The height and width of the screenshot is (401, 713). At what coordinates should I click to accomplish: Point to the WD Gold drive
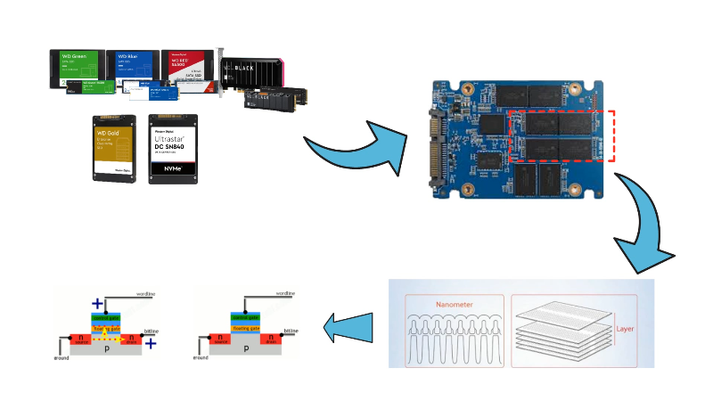(114, 148)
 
